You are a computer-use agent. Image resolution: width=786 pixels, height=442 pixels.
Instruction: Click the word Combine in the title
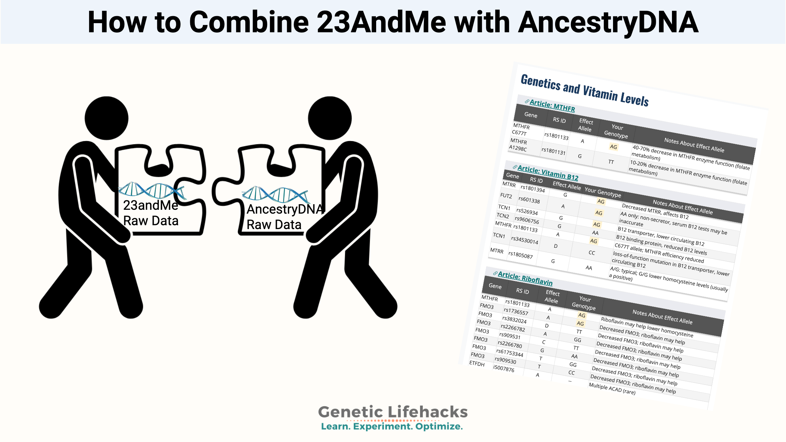(249, 22)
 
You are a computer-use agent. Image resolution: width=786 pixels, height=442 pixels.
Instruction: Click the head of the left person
(107, 118)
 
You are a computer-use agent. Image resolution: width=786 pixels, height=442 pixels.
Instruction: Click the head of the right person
(330, 118)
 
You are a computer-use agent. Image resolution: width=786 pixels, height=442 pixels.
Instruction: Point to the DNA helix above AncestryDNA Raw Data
(276, 195)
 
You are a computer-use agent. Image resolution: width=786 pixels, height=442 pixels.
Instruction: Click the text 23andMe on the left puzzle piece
(151, 205)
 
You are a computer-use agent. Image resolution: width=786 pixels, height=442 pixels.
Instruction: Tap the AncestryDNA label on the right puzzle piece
(285, 209)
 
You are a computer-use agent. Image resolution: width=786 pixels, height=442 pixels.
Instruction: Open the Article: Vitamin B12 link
(548, 173)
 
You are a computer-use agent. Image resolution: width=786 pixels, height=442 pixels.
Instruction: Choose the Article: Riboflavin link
(525, 279)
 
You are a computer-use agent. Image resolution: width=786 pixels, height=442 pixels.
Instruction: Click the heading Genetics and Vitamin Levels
(585, 90)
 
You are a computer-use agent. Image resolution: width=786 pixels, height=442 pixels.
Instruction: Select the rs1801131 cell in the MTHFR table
(553, 151)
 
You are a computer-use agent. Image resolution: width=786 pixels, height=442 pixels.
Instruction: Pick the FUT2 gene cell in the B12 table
(506, 196)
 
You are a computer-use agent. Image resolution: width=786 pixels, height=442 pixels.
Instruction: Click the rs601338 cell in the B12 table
(529, 200)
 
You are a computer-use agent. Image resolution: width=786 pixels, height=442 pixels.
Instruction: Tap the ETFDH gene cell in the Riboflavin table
(477, 363)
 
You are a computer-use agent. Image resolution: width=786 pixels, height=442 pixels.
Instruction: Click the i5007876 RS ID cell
(504, 369)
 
